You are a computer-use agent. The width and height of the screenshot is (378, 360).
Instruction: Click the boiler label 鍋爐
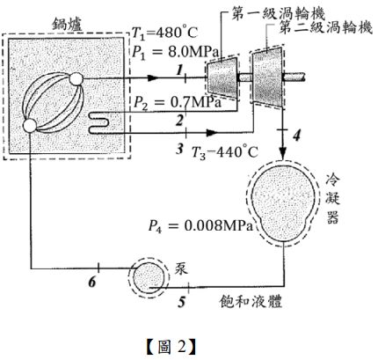click(67, 24)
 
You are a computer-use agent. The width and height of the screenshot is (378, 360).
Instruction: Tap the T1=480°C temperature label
click(164, 33)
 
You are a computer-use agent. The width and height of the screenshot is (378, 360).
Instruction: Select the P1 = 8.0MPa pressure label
click(175, 53)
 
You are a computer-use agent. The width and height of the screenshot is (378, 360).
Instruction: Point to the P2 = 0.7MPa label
click(178, 102)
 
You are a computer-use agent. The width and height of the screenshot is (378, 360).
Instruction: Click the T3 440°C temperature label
click(225, 152)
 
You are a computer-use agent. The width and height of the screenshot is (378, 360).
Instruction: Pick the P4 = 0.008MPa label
click(200, 226)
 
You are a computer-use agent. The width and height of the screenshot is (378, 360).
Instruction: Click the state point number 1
click(179, 70)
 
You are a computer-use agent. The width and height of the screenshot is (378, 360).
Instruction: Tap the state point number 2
click(179, 121)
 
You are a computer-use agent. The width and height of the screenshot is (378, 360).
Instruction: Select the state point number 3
click(179, 149)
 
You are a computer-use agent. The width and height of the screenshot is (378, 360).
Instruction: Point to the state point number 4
click(297, 136)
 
